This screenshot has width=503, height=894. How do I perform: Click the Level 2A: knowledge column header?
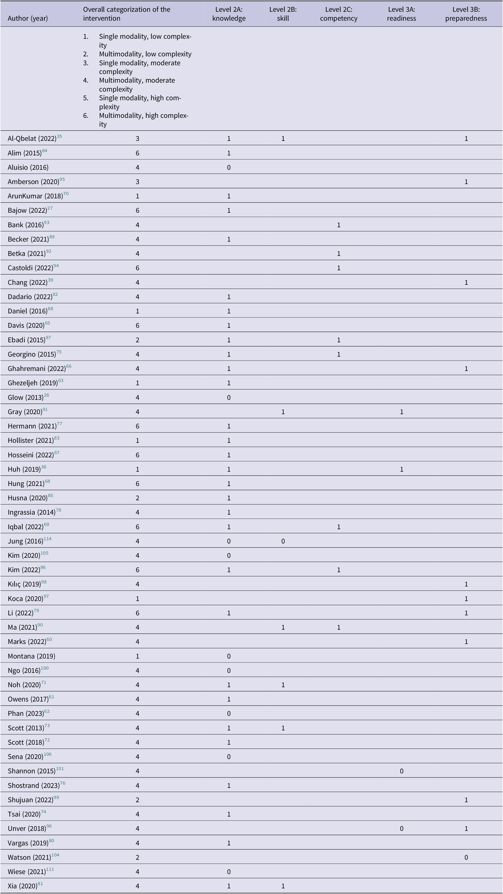pyautogui.click(x=229, y=14)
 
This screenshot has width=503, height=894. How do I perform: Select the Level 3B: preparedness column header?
pyautogui.click(x=466, y=14)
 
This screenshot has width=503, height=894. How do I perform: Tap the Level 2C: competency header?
pyautogui.click(x=338, y=14)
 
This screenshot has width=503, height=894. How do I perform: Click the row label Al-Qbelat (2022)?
pyautogui.click(x=32, y=139)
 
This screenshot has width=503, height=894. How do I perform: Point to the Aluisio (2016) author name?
pyautogui.click(x=28, y=168)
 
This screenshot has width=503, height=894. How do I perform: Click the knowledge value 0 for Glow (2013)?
pyautogui.click(x=229, y=398)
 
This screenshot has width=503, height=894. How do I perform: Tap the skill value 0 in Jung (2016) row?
pyautogui.click(x=283, y=541)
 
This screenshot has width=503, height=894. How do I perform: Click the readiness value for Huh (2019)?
pyautogui.click(x=402, y=470)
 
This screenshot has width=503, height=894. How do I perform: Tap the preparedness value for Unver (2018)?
pyautogui.click(x=466, y=829)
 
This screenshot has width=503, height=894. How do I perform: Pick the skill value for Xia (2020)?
pyautogui.click(x=283, y=886)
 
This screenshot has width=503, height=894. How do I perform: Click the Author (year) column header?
pyautogui.click(x=28, y=18)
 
